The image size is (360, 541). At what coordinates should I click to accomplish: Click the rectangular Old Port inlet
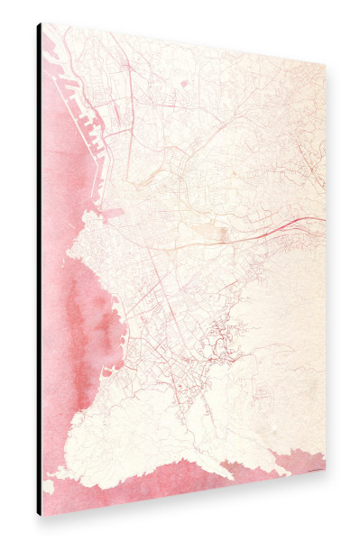coord(113,214)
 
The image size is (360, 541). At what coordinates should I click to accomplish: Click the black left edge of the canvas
coord(39,270)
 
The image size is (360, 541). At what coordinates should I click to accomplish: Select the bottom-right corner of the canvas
coord(325,474)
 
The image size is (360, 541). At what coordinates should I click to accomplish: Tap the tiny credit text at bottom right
coord(310,470)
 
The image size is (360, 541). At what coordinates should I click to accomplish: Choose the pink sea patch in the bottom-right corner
coord(302,462)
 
